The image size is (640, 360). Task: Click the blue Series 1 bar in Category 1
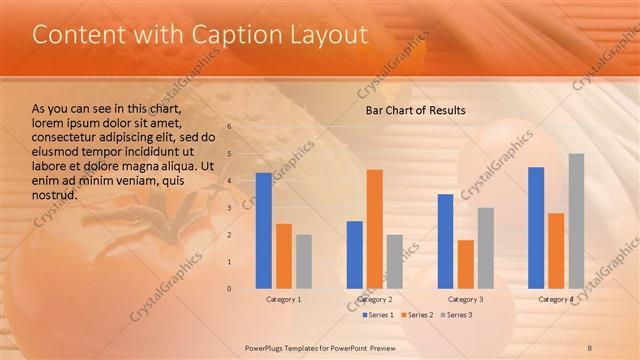[264, 231]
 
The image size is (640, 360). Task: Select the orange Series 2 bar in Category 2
[374, 229]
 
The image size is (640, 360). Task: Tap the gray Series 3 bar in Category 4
[576, 221]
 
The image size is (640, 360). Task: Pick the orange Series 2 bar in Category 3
[465, 264]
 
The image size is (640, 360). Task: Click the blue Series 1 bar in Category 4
[536, 228]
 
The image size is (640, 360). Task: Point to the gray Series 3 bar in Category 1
[304, 262]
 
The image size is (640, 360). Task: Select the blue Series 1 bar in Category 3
[445, 241]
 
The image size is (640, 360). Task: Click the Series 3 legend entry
[456, 315]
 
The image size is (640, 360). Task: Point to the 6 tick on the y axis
[229, 127]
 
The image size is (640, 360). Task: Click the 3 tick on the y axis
[229, 208]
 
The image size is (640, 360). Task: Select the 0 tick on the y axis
[229, 289]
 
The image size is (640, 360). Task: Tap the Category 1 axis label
[284, 299]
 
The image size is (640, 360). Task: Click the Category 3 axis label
[465, 299]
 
